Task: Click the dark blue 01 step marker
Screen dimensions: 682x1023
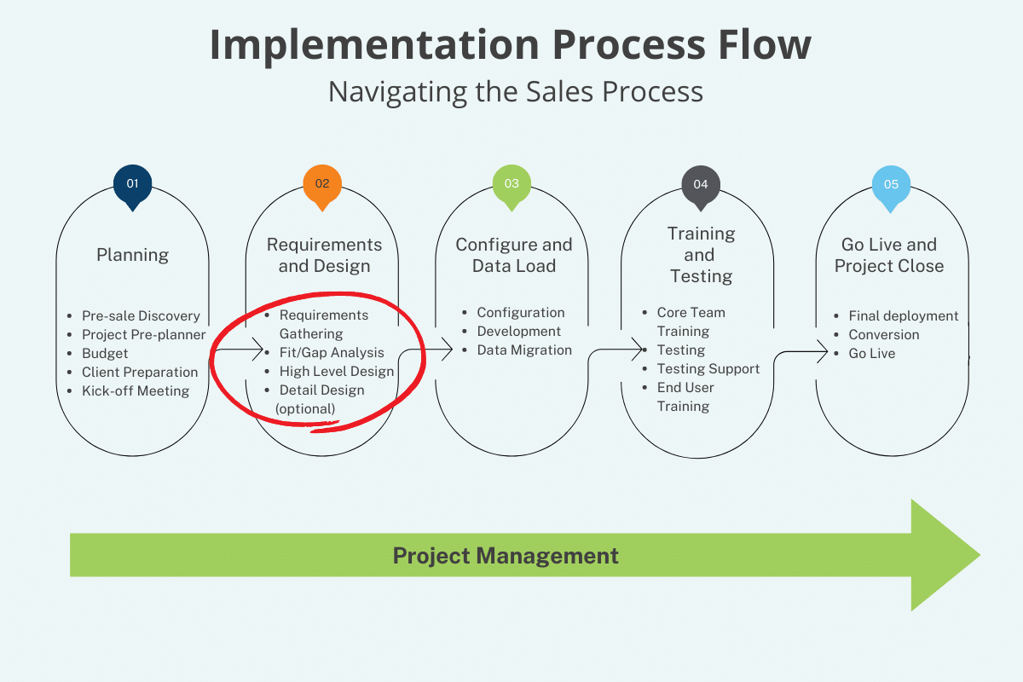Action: click(132, 185)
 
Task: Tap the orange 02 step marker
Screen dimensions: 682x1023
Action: click(322, 185)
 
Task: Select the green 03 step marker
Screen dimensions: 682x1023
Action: click(511, 185)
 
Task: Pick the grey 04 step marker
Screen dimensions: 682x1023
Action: click(701, 185)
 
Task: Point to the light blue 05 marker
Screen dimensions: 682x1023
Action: click(891, 185)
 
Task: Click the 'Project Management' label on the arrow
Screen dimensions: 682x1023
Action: click(506, 556)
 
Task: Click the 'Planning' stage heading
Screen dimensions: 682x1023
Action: click(132, 255)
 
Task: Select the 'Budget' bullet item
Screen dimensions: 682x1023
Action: click(105, 353)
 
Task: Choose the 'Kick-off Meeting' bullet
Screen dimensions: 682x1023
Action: click(135, 390)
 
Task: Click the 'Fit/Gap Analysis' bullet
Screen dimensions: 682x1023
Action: click(332, 352)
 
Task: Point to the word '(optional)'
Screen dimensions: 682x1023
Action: click(305, 409)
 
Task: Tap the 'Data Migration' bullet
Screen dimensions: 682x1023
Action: click(524, 350)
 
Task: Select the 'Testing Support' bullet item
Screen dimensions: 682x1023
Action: click(708, 368)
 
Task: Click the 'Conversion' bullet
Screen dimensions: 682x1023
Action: click(883, 334)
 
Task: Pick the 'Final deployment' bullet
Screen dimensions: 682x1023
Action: click(903, 315)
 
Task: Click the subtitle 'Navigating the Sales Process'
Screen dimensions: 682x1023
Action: click(516, 91)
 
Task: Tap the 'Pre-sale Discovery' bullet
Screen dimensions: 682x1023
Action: click(141, 315)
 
